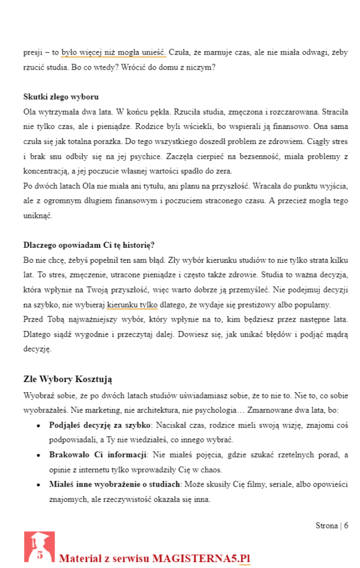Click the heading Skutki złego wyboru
click(61, 97)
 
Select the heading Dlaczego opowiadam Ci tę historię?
click(89, 245)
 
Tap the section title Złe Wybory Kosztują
click(68, 379)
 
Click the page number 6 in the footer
click(346, 525)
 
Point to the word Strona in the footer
click(326, 525)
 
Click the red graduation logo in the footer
click(39, 547)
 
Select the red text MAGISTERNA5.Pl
click(200, 558)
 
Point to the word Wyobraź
click(38, 396)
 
